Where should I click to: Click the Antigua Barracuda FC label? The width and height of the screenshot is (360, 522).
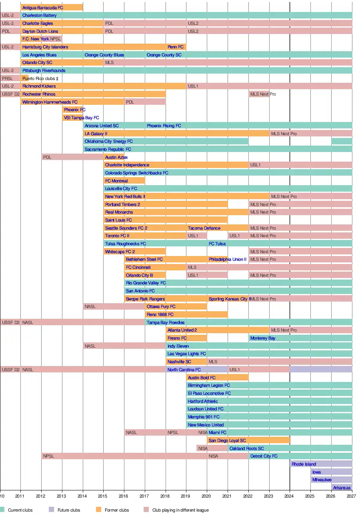43,8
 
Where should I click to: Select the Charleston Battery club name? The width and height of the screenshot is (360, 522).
39,16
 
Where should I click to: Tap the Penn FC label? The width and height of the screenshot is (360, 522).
176,47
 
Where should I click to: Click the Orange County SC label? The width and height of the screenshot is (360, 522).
164,55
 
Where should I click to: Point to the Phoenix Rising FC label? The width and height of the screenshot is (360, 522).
164,126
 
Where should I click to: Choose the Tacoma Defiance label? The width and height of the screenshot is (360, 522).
204,228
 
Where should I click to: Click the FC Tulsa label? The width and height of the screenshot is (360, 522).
217,244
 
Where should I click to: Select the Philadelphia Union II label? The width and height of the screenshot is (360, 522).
228,259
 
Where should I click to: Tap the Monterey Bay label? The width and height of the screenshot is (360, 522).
263,338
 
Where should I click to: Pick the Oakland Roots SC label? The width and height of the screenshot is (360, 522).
247,448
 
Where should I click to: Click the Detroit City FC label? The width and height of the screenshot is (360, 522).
264,456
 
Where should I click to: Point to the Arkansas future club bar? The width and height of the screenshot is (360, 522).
342,488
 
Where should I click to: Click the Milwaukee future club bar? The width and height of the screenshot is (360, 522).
332,480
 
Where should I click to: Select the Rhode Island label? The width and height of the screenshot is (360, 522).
304,464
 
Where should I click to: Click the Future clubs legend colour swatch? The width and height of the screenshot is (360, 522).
51,510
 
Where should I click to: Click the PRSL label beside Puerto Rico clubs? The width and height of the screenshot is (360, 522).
8,79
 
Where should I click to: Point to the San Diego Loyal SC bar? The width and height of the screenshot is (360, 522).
248,440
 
